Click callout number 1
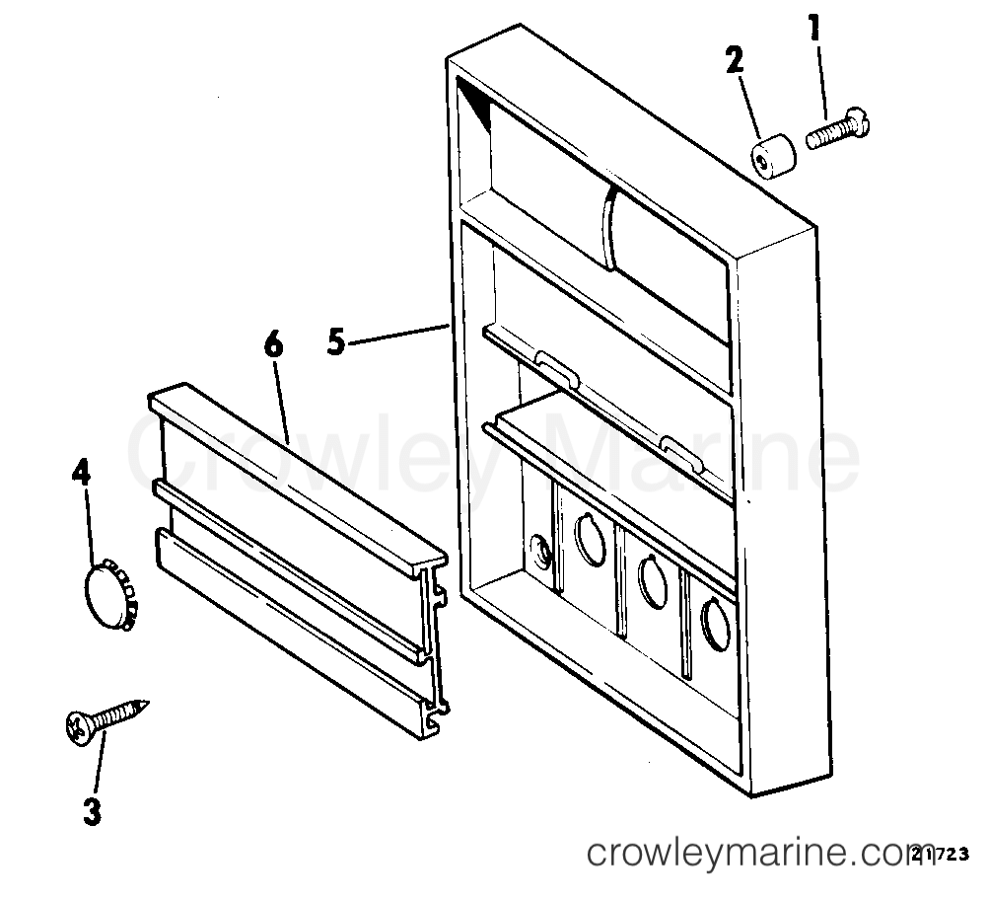pos(814,29)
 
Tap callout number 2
pos(735,61)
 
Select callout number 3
pos(92,811)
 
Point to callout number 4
pos(81,473)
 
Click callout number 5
pos(336,343)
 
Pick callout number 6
pos(273,345)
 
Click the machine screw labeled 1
pos(838,128)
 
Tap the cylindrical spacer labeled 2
pos(773,155)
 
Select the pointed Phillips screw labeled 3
pos(106,721)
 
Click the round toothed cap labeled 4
pos(109,595)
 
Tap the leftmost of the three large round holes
pos(591,537)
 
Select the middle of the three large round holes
pos(654,580)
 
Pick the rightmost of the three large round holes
pos(715,625)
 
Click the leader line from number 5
pos(397,335)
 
